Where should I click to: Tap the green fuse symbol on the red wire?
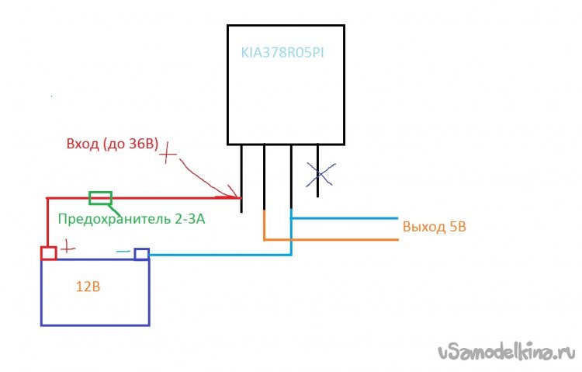pyautogui.click(x=101, y=198)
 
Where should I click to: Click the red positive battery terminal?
pyautogui.click(x=48, y=253)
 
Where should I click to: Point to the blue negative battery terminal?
pyautogui.click(x=141, y=254)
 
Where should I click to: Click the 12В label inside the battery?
pyautogui.click(x=88, y=286)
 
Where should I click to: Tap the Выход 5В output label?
pyautogui.click(x=435, y=228)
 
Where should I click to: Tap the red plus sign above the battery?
pyautogui.click(x=68, y=247)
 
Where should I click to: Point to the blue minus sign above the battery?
pyautogui.click(x=123, y=250)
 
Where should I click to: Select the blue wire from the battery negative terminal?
pyautogui.click(x=217, y=254)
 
